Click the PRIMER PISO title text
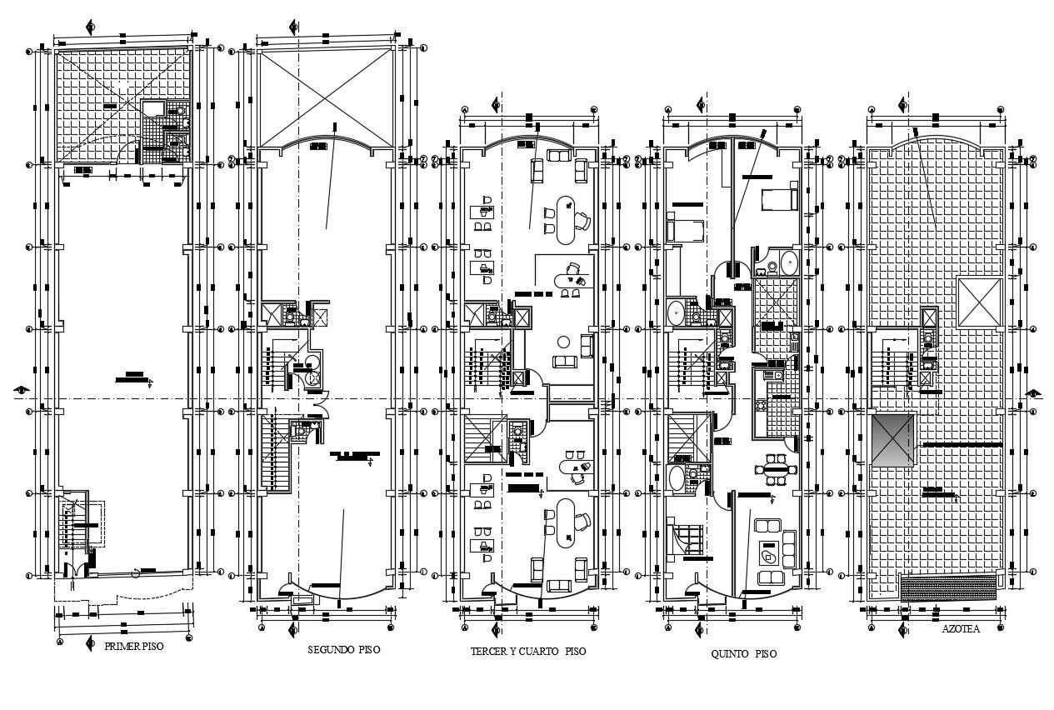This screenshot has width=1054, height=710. pyautogui.click(x=128, y=646)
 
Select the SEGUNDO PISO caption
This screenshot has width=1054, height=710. pyautogui.click(x=343, y=650)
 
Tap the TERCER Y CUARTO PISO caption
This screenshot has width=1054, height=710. pyautogui.click(x=528, y=652)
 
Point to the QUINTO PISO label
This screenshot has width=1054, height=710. pyautogui.click(x=743, y=654)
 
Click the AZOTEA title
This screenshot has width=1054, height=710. pyautogui.click(x=962, y=630)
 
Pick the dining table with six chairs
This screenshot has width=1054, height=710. pyautogui.click(x=776, y=469)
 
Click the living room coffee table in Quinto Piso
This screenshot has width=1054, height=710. pyautogui.click(x=768, y=552)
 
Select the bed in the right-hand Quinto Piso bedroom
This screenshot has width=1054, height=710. pyautogui.click(x=781, y=199)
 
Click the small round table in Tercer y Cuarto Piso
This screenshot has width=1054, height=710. pyautogui.click(x=564, y=342)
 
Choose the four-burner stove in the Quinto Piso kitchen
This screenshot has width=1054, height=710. pyautogui.click(x=760, y=406)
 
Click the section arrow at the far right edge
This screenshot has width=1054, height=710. pyautogui.click(x=1034, y=393)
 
